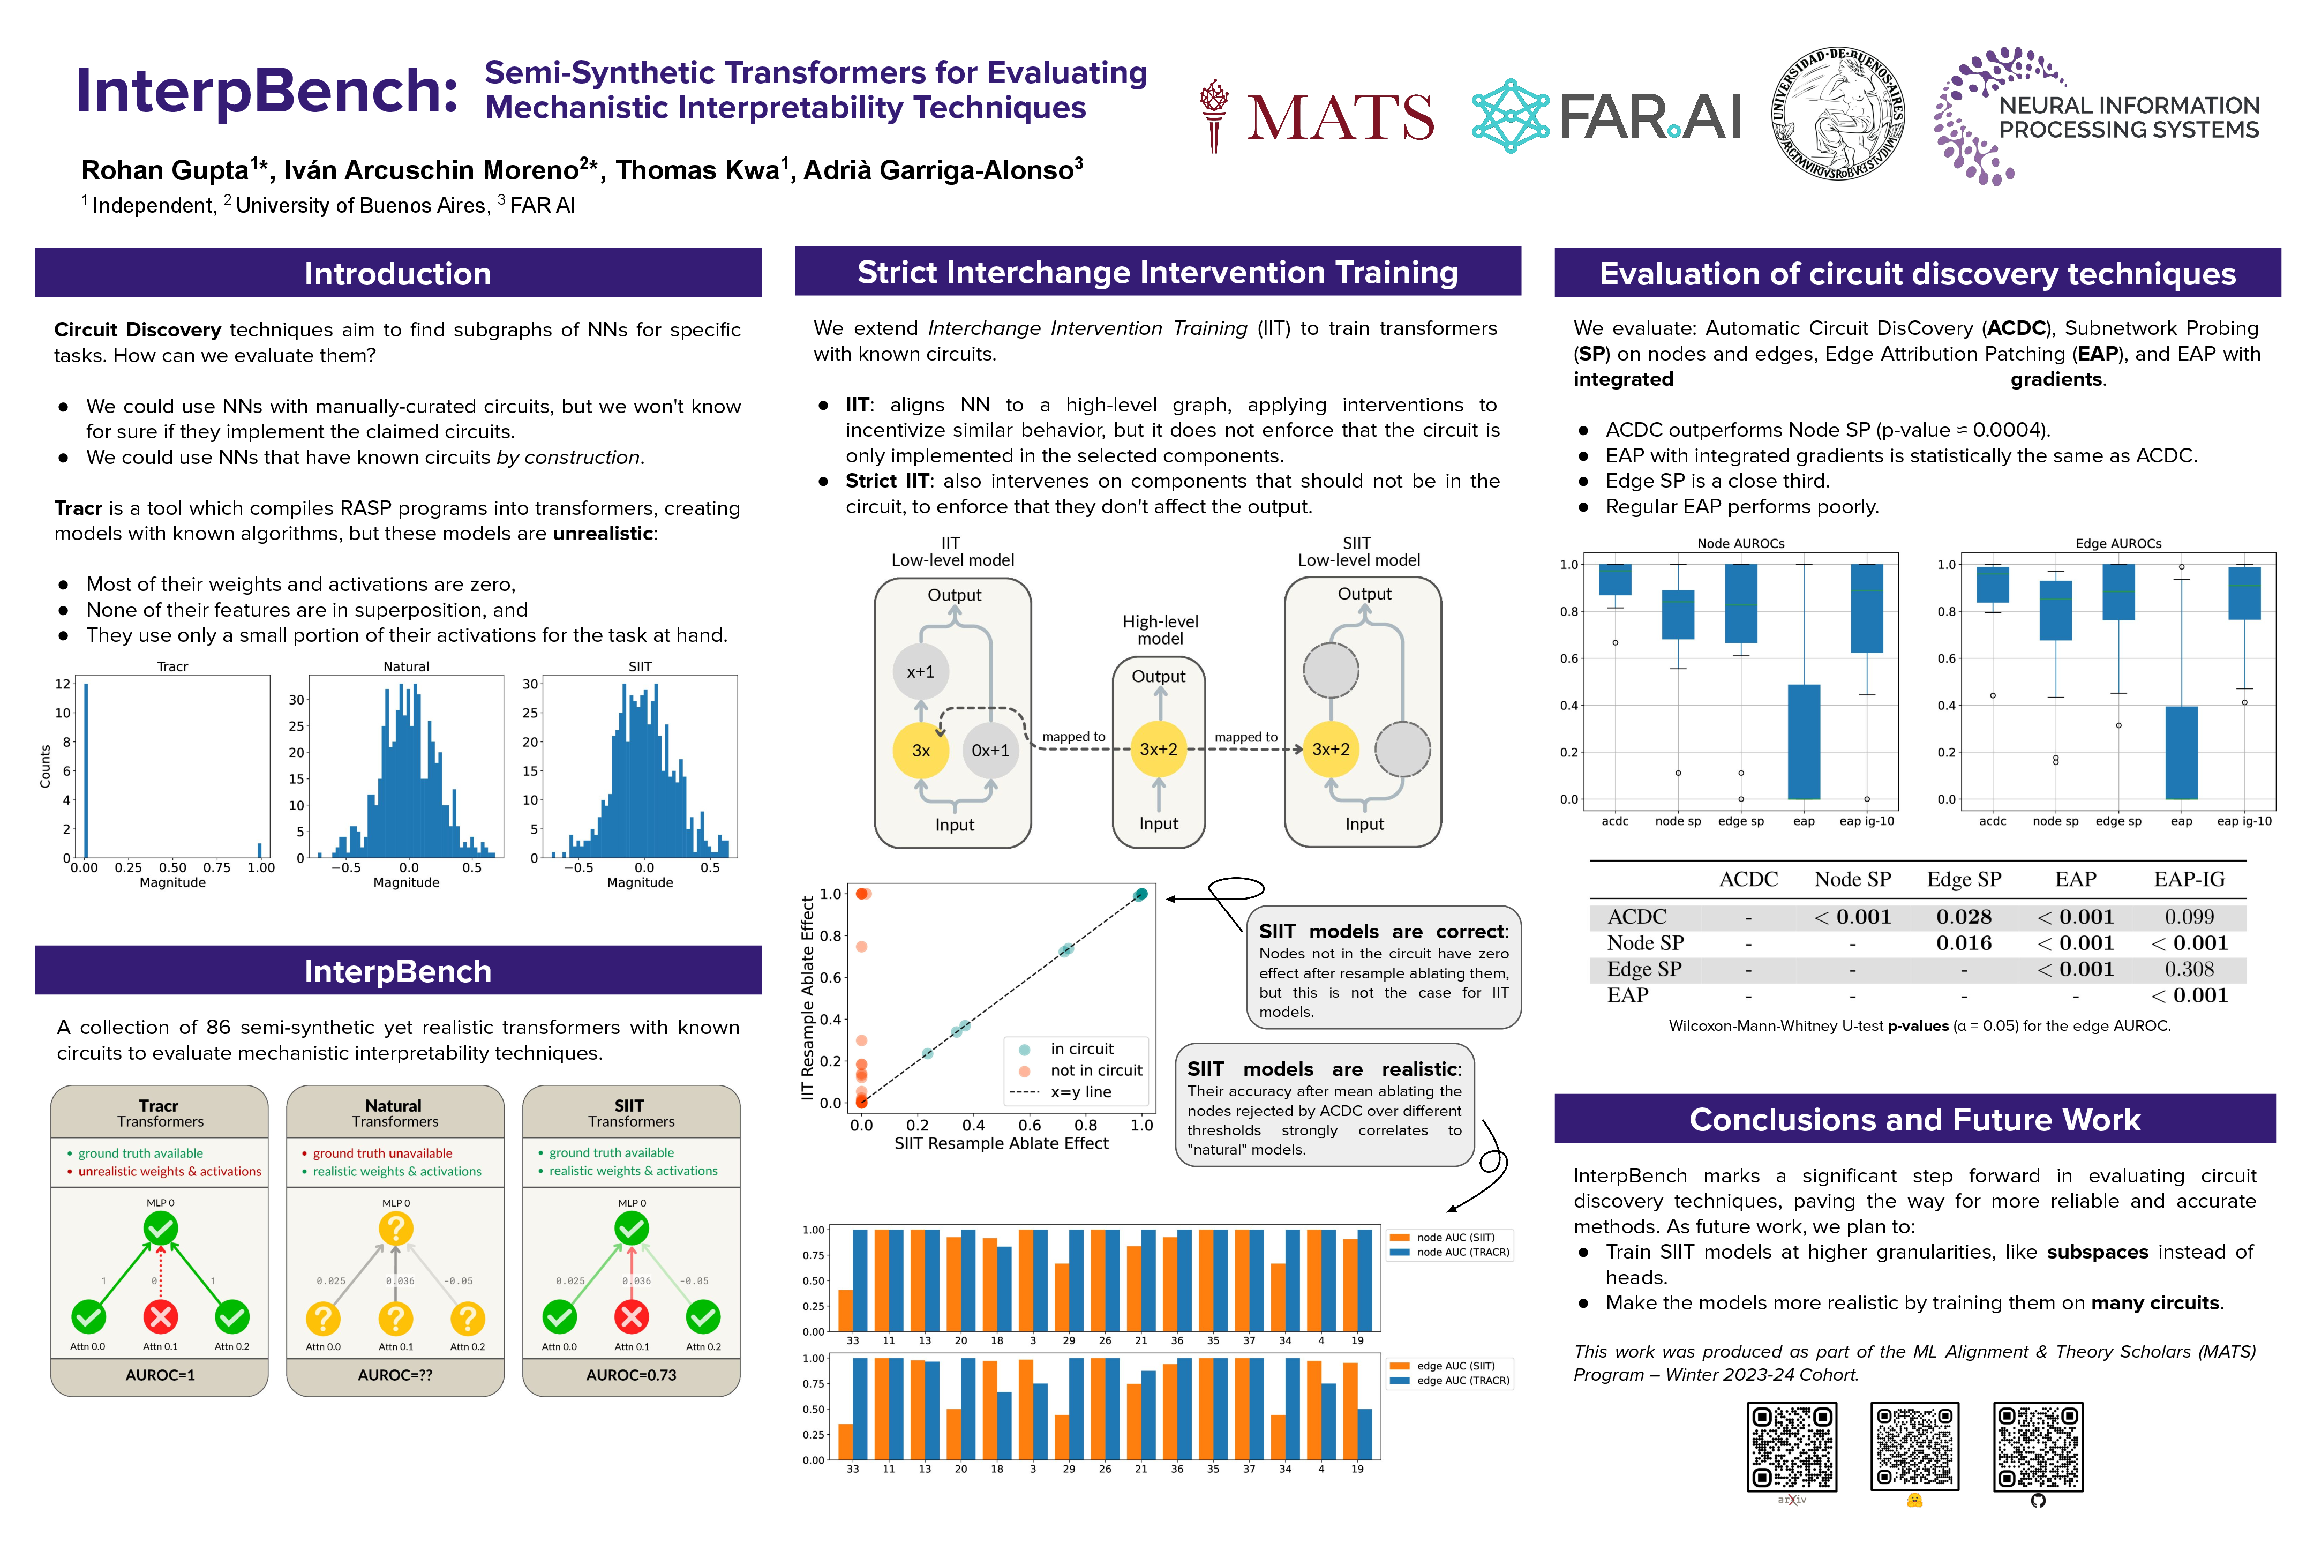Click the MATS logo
point(1317,116)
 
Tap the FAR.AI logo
point(1606,116)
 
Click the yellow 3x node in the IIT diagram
point(920,750)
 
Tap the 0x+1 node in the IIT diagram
point(990,750)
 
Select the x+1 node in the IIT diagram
point(920,671)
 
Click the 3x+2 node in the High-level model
point(1158,749)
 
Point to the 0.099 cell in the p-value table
point(2189,916)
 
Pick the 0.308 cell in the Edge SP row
point(2189,968)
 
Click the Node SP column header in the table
point(1852,879)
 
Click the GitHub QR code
point(2038,1447)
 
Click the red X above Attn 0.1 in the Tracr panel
point(160,1316)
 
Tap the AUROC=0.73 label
point(630,1375)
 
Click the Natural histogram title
point(405,666)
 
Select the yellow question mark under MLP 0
point(395,1228)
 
